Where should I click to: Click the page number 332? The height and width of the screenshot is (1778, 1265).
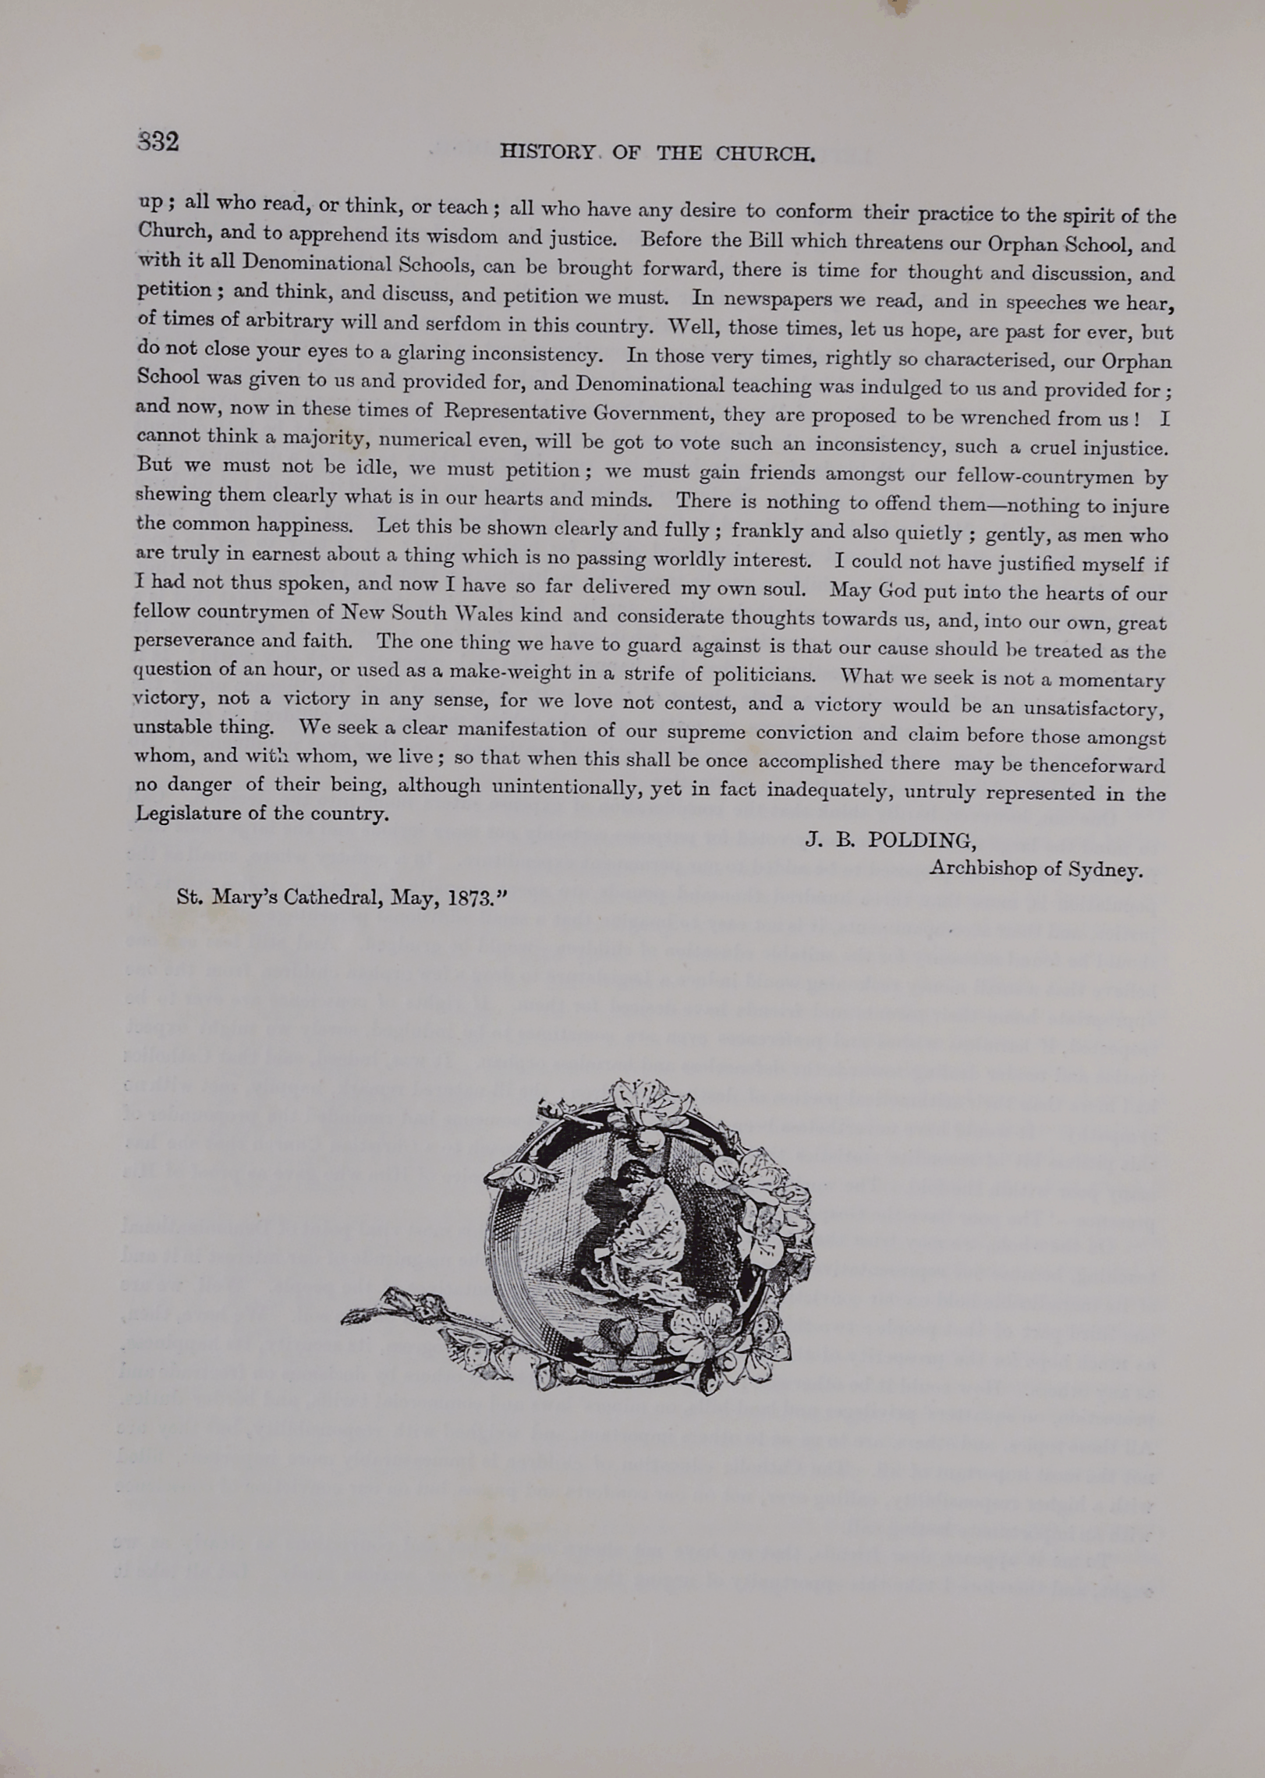click(159, 142)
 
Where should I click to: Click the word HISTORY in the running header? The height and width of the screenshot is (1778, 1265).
click(547, 152)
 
